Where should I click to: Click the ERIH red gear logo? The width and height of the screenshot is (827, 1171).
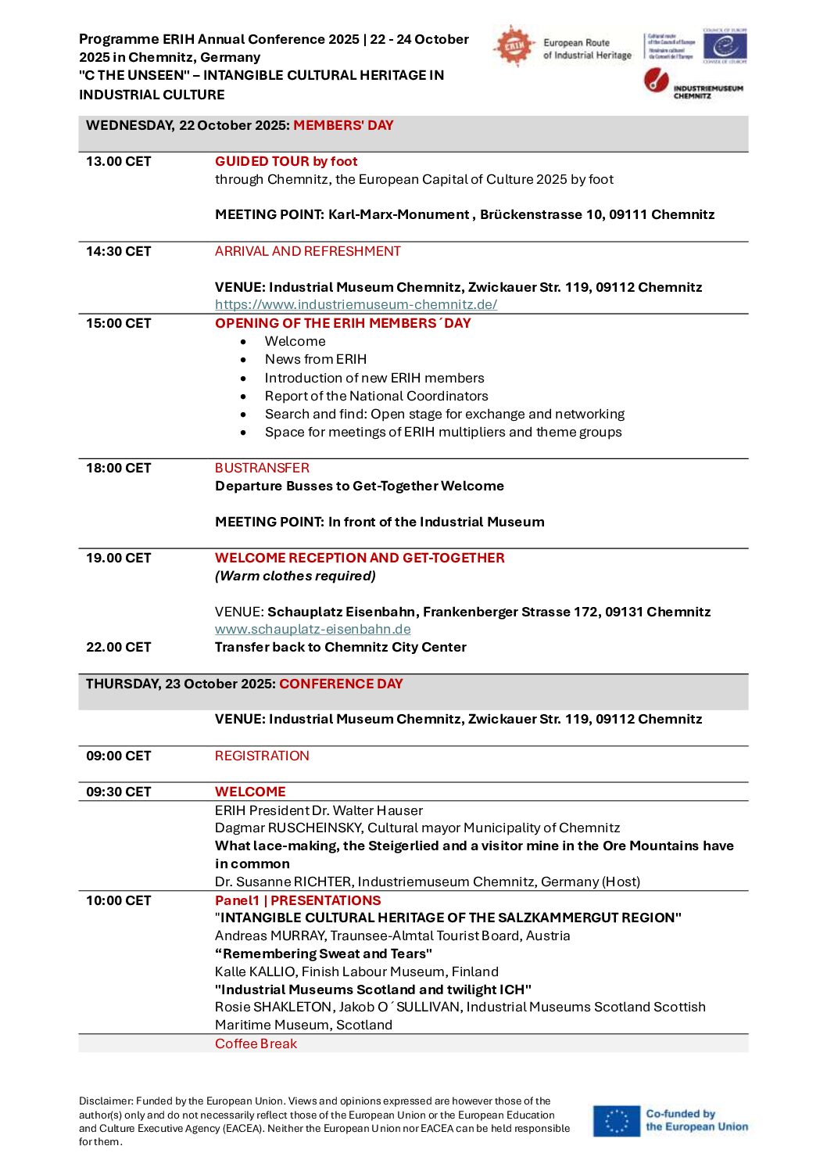tap(513, 46)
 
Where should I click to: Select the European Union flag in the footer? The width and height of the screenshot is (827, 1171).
tap(616, 1120)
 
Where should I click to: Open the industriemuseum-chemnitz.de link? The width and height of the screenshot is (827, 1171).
tap(356, 304)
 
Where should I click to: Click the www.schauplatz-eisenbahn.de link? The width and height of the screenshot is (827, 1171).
tap(313, 629)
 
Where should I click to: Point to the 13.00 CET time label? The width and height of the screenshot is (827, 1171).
tap(118, 161)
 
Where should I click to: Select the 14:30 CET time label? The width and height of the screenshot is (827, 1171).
tap(118, 251)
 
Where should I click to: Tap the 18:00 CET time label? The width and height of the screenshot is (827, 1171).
tap(118, 468)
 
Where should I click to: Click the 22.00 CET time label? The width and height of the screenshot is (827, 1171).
tap(118, 647)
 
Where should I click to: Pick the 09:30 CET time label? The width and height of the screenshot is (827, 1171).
tap(118, 792)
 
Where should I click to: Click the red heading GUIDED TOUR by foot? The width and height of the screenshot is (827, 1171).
tap(286, 161)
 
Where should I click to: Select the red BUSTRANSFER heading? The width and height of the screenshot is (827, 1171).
tap(262, 468)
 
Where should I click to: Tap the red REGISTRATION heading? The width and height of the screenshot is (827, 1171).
tap(262, 756)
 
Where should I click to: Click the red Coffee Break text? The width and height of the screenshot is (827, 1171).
tap(256, 1043)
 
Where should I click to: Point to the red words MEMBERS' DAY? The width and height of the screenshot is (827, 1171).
tap(343, 125)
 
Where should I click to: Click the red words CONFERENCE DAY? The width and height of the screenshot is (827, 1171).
tap(341, 684)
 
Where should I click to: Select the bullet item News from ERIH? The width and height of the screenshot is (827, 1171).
tap(315, 359)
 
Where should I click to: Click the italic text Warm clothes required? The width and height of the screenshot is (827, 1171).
tap(295, 576)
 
